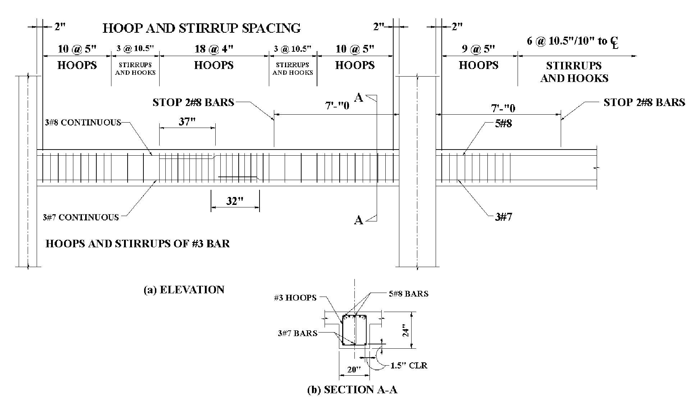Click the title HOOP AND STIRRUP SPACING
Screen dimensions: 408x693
(202, 28)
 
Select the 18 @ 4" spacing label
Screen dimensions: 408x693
(214, 49)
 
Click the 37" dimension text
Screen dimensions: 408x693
(187, 122)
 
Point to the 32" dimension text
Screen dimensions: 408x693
(235, 201)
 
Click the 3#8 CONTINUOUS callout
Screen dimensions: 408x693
(83, 123)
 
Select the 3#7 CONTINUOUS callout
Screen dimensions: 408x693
(81, 217)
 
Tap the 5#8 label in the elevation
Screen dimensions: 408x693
(504, 124)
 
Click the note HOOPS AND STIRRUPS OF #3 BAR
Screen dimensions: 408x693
(138, 244)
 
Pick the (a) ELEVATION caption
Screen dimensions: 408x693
(184, 290)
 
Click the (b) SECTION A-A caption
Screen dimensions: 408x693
(352, 390)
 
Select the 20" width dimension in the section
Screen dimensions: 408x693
(354, 370)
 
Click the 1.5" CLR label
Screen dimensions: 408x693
(409, 366)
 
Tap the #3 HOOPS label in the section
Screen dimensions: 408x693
(295, 298)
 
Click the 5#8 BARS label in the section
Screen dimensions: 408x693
(408, 294)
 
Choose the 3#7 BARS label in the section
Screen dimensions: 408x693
(297, 333)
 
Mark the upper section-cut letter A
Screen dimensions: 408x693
(359, 97)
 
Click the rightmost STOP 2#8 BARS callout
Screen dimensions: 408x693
(644, 102)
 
